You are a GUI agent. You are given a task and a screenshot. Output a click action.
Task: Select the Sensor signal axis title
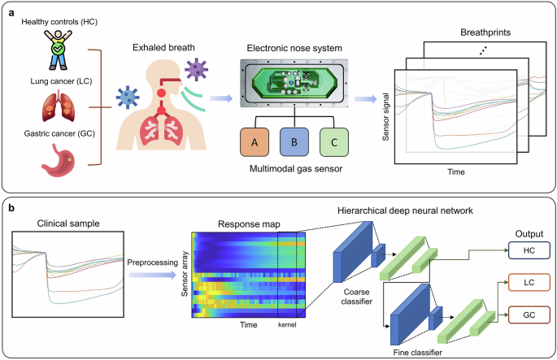pyautogui.click(x=385, y=123)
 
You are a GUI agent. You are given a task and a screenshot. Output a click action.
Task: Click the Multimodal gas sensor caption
pyautogui.click(x=294, y=169)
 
